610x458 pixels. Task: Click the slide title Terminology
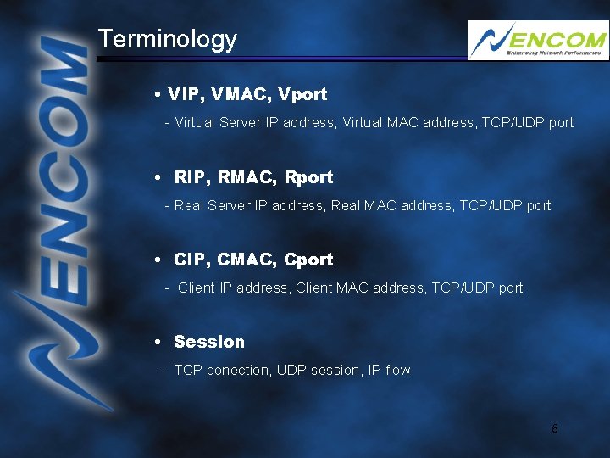click(167, 39)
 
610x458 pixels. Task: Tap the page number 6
click(555, 428)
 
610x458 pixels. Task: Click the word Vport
click(302, 94)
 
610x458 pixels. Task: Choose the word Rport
click(309, 177)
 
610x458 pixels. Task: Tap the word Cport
click(309, 260)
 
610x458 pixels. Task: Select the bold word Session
click(208, 342)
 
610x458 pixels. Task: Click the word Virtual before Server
click(194, 122)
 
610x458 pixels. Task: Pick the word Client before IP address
click(197, 288)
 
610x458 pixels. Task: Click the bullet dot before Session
click(159, 343)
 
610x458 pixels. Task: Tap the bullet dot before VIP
click(159, 95)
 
